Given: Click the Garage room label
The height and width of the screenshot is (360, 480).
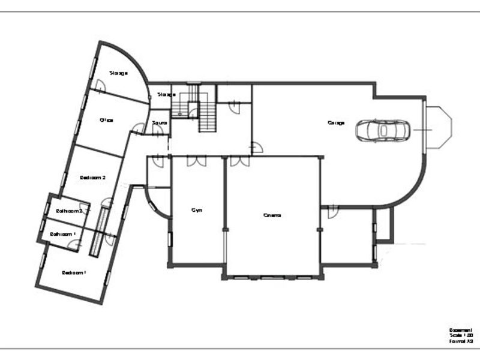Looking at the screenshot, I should point(336,123).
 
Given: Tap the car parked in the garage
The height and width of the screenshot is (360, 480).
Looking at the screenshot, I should point(382,129).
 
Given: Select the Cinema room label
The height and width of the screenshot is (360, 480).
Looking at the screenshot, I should point(272,215).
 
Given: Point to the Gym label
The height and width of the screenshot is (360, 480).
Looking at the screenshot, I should point(196,210).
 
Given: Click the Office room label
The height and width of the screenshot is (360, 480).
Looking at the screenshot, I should point(106,120).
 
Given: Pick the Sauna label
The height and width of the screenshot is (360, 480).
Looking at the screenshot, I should point(160,123).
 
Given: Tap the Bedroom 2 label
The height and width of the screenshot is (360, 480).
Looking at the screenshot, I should point(93,178).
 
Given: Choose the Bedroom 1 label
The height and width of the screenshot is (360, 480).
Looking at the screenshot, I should point(74,272).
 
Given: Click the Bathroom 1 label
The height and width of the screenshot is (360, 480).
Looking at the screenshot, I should point(62,234).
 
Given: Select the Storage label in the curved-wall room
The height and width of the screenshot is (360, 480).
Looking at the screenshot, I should point(118,73).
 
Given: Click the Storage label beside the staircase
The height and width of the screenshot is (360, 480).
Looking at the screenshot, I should point(166,94).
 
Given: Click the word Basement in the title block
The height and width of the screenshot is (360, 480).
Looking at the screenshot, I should point(461,330).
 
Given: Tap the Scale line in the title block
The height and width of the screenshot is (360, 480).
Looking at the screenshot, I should point(461,335).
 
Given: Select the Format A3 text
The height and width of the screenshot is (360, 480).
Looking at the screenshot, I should point(461,341).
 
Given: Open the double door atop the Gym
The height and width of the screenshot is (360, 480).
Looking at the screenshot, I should point(196,161).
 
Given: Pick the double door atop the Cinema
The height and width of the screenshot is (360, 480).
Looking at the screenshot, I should point(239,161).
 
